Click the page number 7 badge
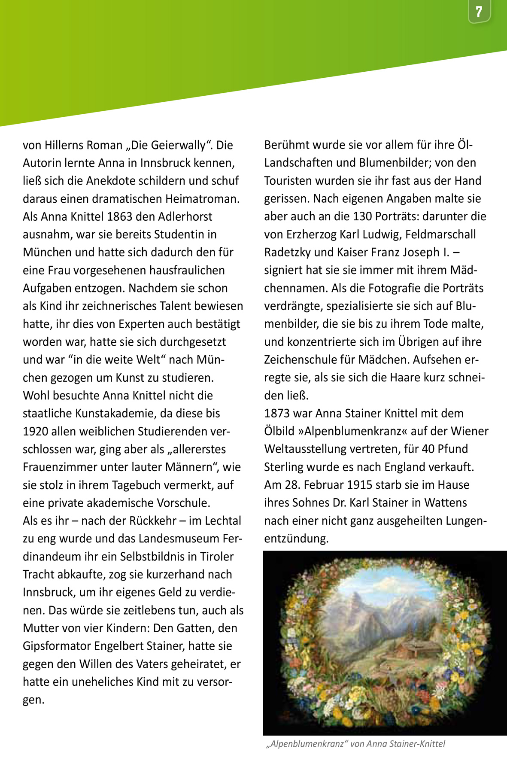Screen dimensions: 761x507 click(x=479, y=12)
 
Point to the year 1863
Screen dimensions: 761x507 click(x=120, y=216)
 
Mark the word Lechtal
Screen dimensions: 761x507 click(x=223, y=521)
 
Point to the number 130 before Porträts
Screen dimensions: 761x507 click(x=362, y=216)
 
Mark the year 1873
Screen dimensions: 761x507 click(x=277, y=413)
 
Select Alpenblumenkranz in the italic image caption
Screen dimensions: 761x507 click(x=307, y=744)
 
